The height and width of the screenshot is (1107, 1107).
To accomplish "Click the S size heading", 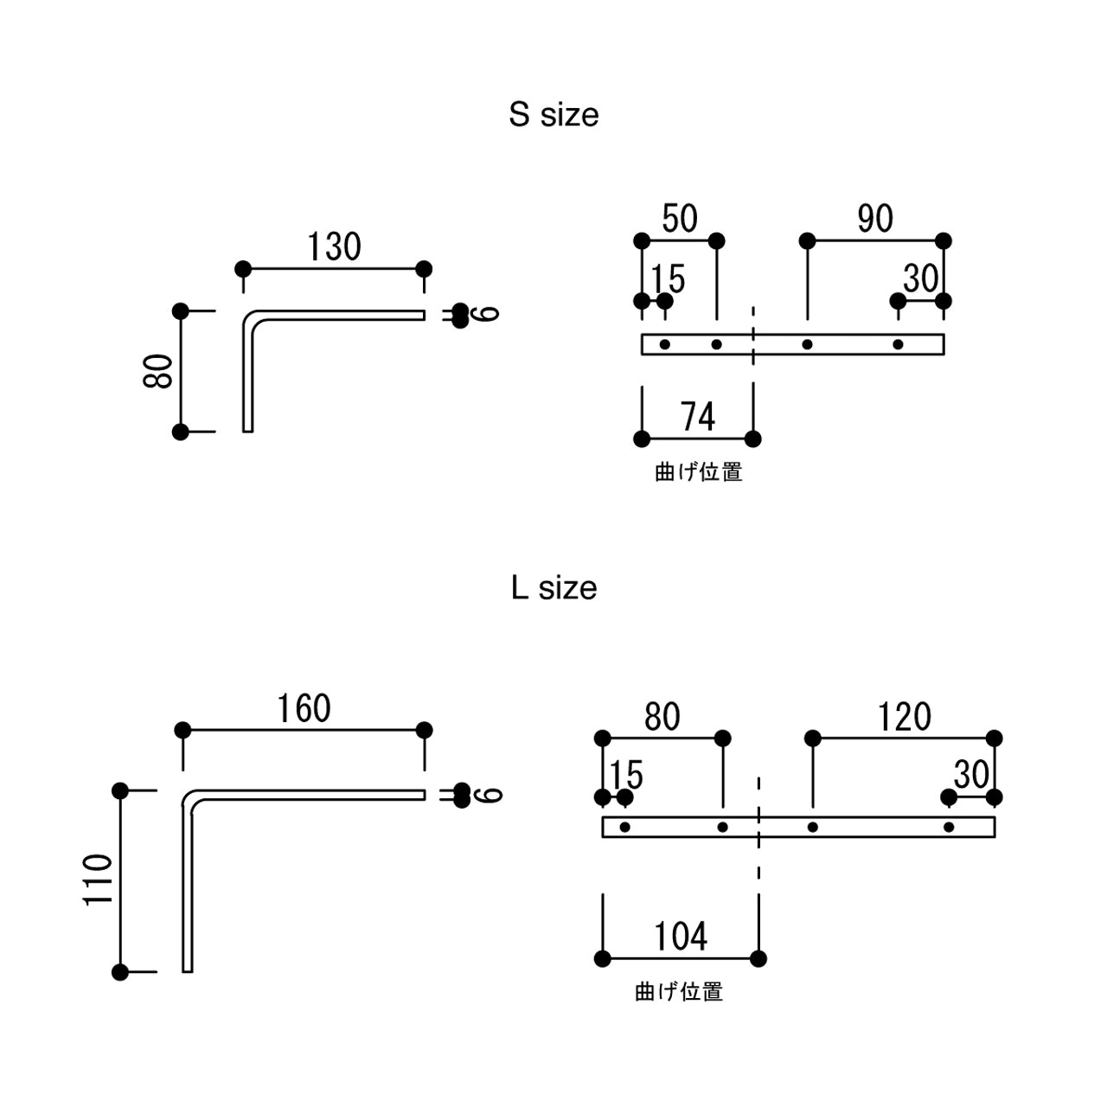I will click(x=553, y=115).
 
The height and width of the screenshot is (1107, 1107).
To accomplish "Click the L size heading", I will click(x=553, y=588).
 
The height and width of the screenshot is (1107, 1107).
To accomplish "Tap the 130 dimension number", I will click(x=334, y=247).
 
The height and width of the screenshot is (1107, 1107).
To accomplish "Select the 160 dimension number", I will click(x=304, y=709).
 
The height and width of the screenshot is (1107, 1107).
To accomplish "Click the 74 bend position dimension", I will click(x=698, y=418).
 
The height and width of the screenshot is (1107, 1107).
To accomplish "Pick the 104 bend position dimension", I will click(x=681, y=937).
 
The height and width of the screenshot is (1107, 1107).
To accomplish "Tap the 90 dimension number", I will click(x=875, y=219).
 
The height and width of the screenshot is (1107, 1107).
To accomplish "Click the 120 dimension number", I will click(x=904, y=717).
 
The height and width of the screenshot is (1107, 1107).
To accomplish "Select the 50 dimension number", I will click(x=680, y=219).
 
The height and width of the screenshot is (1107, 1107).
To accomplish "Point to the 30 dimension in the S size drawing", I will click(x=920, y=279).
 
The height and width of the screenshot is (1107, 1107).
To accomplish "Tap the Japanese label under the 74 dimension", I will click(x=698, y=472).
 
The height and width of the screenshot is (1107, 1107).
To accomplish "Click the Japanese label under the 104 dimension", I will click(x=679, y=992).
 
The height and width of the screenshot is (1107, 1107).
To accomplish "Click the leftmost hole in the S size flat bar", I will click(x=665, y=344).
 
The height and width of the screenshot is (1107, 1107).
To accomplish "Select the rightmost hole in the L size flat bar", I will click(x=949, y=828).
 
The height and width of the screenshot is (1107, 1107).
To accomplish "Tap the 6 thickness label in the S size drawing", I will click(x=489, y=313).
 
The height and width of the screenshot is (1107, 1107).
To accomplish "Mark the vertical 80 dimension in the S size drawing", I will click(x=160, y=370).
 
